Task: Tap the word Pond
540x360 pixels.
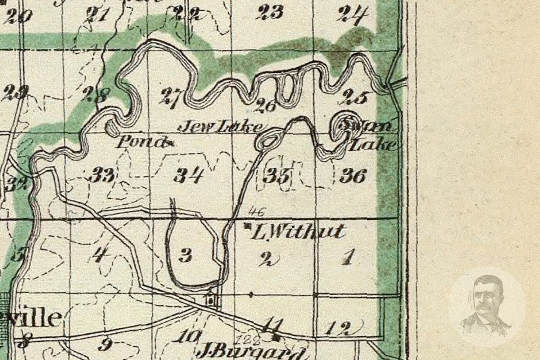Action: coord(142,143)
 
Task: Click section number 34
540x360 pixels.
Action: coord(189,176)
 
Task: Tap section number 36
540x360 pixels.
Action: coord(353,176)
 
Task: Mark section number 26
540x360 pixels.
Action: coord(266,105)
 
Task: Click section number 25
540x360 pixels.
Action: coord(355,96)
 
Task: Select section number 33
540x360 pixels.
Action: coord(102,175)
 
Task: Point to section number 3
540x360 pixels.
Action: coord(185,256)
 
